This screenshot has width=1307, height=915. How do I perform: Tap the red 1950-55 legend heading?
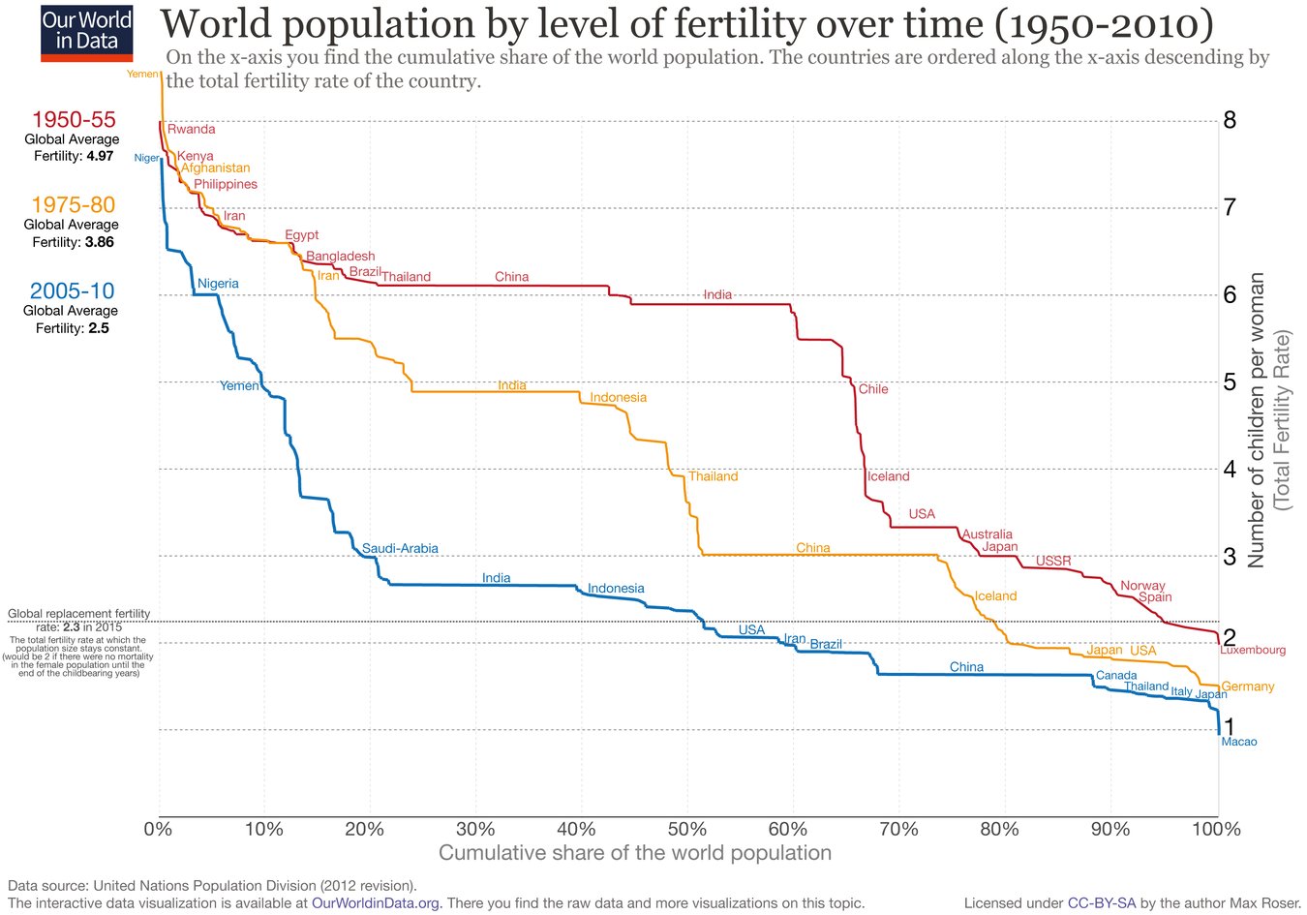click(x=74, y=120)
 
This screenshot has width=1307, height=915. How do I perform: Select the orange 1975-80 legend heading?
click(x=74, y=205)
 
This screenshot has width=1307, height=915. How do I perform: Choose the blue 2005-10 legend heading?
click(x=72, y=290)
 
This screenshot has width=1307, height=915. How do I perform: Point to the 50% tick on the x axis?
click(x=686, y=829)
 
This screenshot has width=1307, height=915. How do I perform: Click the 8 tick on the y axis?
click(x=1230, y=120)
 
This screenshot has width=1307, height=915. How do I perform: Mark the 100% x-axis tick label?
click(x=1217, y=829)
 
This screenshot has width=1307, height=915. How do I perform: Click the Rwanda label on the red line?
click(x=192, y=129)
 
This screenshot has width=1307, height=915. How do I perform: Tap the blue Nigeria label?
click(x=218, y=284)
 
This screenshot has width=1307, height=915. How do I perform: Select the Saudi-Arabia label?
click(x=400, y=549)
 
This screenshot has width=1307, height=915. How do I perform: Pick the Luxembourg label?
click(x=1253, y=650)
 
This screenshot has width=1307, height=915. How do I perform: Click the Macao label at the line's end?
click(x=1239, y=742)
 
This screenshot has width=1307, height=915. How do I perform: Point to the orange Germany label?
click(x=1248, y=686)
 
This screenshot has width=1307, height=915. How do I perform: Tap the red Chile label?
click(x=873, y=389)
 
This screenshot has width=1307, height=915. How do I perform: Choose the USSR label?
click(x=1053, y=561)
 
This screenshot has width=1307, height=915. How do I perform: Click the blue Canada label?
click(x=1116, y=676)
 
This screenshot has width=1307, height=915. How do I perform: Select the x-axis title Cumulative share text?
click(x=634, y=853)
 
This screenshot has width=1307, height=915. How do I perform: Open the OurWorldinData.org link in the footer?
click(x=376, y=903)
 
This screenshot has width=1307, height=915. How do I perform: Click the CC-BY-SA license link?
click(x=1102, y=903)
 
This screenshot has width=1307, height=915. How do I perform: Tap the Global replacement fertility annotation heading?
click(x=79, y=614)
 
